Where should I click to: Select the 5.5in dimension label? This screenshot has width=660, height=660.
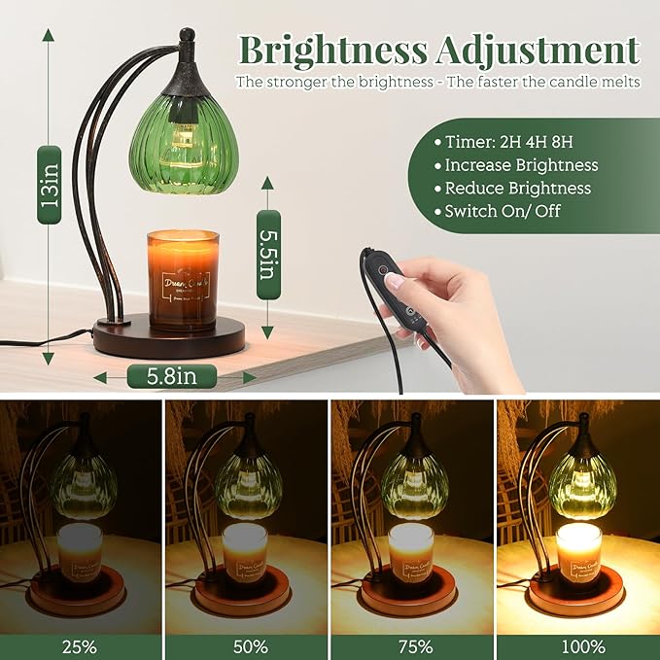[x=268, y=255]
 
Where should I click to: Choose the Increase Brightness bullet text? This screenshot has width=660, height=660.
[x=523, y=165]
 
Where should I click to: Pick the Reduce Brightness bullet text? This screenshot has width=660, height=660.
[x=518, y=188]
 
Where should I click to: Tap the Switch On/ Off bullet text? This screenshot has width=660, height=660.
[x=504, y=210]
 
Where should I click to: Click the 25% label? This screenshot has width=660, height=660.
[x=81, y=646]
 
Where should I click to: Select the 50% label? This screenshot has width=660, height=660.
[x=246, y=646]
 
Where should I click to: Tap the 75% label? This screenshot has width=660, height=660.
[x=411, y=646]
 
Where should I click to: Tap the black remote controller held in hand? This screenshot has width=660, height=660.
[x=384, y=281]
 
